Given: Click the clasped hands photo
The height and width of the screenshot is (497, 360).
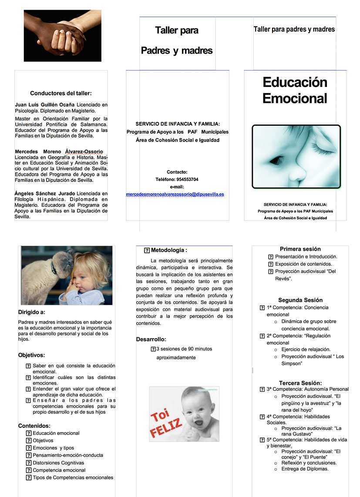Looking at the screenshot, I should point(63,36).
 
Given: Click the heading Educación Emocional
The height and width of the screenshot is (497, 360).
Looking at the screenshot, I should point(295,90).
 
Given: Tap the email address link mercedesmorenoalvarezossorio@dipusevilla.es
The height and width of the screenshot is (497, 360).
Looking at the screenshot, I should point(175,194).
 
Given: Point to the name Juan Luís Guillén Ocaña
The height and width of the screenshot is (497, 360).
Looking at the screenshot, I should point(45,105).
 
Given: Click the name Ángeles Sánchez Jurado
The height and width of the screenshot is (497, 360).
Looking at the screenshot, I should point(45,193).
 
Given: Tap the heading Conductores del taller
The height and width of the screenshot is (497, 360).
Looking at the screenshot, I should point(61,93).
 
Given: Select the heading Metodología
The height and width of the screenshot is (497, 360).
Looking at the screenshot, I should point(168,250).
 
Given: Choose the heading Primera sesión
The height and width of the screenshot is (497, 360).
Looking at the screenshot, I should point(300,249).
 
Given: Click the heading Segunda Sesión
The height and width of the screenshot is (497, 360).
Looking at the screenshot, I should point(300,300).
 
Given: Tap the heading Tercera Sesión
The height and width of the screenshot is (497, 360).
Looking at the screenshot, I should point(300,383).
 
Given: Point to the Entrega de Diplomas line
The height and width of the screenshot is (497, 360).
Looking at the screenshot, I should point(305,469).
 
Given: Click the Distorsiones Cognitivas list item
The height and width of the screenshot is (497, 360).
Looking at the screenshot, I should point(58,463).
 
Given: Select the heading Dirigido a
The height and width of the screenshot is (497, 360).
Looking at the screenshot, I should point(32,312).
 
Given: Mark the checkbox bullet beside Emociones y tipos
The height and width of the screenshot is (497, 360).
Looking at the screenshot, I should point(29,448).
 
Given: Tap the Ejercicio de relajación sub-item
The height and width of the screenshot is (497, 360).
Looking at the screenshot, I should point(306,349).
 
